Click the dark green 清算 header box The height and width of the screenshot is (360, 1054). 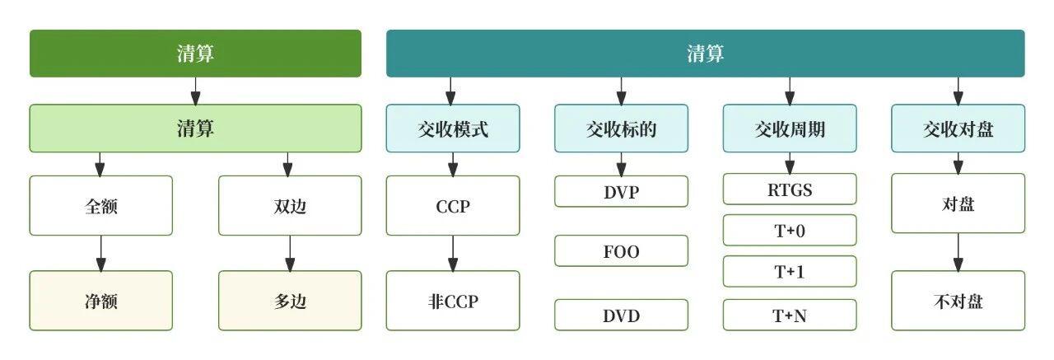[195, 54]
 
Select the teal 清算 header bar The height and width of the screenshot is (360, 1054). [706, 54]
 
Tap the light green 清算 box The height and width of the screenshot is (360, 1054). [195, 128]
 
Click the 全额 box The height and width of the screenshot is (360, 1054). [101, 205]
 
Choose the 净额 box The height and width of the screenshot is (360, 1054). [101, 301]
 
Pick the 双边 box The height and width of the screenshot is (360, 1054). [290, 205]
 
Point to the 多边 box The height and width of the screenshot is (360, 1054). [290, 301]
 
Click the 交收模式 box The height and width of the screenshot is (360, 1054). [453, 128]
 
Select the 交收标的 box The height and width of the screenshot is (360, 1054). [621, 128]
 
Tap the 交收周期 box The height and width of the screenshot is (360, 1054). [790, 128]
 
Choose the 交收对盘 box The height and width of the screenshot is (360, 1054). [958, 128]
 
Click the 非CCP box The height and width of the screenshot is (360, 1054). [453, 301]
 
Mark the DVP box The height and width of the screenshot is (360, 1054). [621, 191]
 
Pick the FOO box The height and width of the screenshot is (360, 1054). [621, 251]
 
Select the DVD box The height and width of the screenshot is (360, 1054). [621, 315]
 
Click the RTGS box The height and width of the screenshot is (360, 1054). [790, 189]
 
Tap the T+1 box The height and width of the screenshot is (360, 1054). [790, 272]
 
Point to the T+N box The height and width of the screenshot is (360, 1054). [790, 315]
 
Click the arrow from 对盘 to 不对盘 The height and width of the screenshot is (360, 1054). [958, 253]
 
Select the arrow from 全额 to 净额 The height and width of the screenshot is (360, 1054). [101, 253]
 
